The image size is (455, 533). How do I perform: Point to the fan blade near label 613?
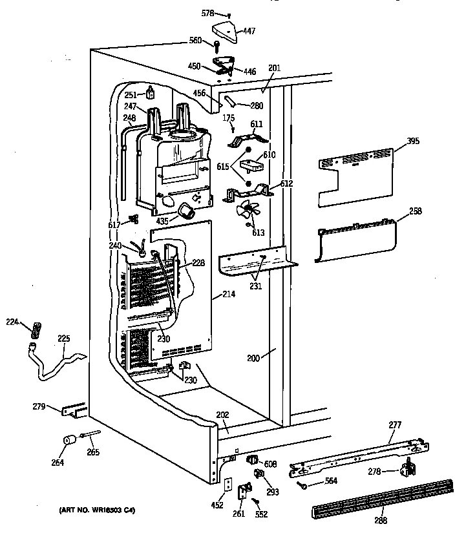pyautogui.click(x=248, y=211)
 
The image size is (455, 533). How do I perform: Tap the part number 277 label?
pyautogui.click(x=394, y=424)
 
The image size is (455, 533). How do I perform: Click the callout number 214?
pyautogui.click(x=228, y=294)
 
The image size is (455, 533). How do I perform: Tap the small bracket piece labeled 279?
pyautogui.click(x=73, y=410)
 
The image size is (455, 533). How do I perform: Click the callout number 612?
pyautogui.click(x=286, y=183)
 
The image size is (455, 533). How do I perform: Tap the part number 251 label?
pyautogui.click(x=131, y=95)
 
